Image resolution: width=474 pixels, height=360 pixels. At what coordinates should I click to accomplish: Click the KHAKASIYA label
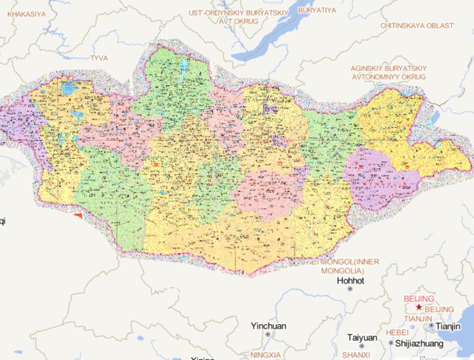coord(27,12)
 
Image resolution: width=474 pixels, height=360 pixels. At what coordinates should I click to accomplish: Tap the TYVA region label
coord(99,57)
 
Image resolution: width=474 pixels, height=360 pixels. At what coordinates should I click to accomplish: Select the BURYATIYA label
coord(316,10)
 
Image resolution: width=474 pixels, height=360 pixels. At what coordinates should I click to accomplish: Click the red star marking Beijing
coord(419,307)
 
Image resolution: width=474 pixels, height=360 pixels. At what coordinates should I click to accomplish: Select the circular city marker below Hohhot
coord(350,289)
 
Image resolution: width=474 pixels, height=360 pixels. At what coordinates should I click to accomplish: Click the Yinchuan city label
coord(268,325)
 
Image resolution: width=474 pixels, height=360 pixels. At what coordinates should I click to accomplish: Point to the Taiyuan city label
coord(362,337)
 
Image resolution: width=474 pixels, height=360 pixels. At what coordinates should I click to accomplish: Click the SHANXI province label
coord(356,354)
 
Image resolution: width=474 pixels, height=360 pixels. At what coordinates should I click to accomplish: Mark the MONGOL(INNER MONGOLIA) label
coord(342,266)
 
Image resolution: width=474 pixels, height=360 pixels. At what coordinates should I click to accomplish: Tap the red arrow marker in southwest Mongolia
coord(77,215)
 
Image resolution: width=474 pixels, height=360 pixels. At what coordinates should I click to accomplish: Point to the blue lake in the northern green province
coord(184,65)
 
